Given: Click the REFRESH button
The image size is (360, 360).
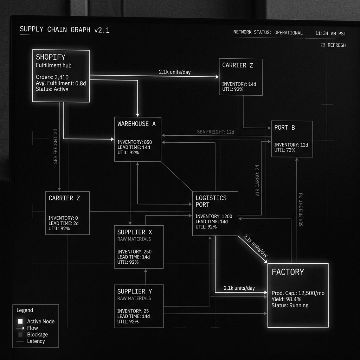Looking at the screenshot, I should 333,45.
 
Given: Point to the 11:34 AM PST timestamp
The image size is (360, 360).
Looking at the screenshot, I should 330,33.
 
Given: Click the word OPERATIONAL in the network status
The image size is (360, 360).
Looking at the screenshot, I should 288,33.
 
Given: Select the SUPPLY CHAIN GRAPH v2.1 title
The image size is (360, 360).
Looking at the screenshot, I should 65,30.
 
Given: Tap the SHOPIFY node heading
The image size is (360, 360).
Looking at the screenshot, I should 51,57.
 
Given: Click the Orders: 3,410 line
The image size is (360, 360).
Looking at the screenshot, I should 52,77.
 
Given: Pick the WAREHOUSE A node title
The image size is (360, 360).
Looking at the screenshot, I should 136,124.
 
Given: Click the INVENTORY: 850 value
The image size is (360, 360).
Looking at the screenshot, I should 135,142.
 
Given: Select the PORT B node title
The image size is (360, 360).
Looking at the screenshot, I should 284,128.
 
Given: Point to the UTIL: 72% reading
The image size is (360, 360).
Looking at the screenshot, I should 285,150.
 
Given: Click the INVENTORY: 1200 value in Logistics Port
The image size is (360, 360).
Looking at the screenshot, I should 214,216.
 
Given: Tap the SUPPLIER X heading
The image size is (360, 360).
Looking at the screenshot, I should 135,232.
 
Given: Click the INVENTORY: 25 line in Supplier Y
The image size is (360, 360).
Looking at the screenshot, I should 133,311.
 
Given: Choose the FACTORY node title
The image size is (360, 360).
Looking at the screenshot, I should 288,272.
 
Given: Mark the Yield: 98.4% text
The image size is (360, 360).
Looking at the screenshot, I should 286,299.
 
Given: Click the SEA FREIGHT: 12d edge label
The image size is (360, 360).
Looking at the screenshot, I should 216,132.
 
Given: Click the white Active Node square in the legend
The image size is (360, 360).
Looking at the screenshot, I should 20,321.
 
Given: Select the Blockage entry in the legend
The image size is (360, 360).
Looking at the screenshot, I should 37,335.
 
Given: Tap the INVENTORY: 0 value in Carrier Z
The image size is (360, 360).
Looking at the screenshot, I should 63,218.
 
